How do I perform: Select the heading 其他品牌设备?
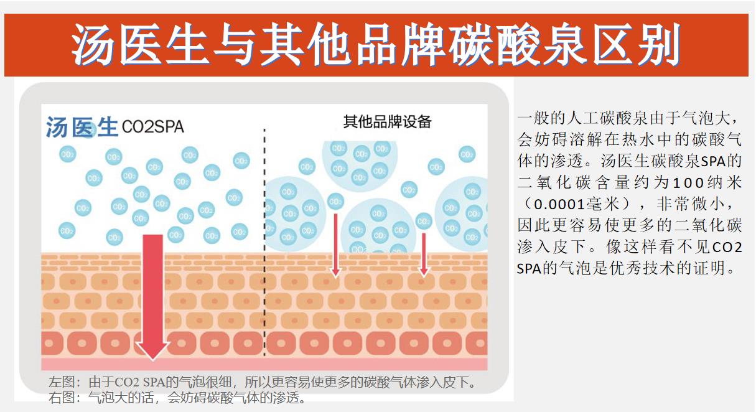pyautogui.click(x=387, y=121)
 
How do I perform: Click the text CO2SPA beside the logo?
pyautogui.click(x=152, y=127)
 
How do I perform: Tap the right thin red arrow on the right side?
pyautogui.click(x=424, y=252)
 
